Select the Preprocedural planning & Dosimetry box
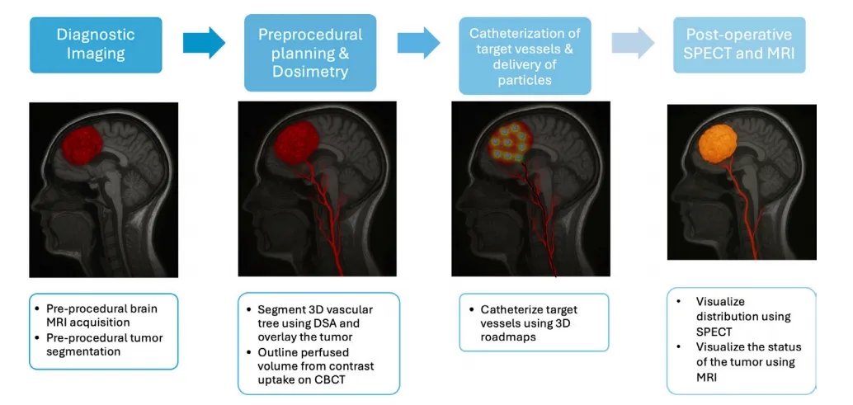(310, 53)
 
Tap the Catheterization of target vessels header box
(525, 57)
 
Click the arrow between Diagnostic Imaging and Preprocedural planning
(204, 43)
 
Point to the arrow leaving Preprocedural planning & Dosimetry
(418, 43)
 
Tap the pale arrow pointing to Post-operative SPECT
(633, 43)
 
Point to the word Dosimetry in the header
(310, 72)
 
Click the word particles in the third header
(525, 80)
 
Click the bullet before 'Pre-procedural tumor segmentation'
(36, 337)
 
